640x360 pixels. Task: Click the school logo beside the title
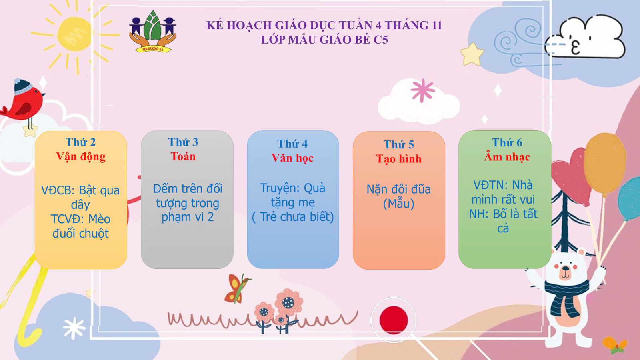152,32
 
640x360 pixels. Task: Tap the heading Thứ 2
80,142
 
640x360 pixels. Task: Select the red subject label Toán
183,156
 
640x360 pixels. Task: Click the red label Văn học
292,158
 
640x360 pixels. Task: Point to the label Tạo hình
398,159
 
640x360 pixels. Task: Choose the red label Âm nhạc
507,156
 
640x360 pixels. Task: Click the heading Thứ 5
398,144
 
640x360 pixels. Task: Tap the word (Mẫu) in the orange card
398,204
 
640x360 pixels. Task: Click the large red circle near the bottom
394,320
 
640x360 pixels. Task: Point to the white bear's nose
565,268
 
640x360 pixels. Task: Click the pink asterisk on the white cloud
422,90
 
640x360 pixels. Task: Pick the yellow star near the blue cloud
472,54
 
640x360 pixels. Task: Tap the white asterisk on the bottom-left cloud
74,328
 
